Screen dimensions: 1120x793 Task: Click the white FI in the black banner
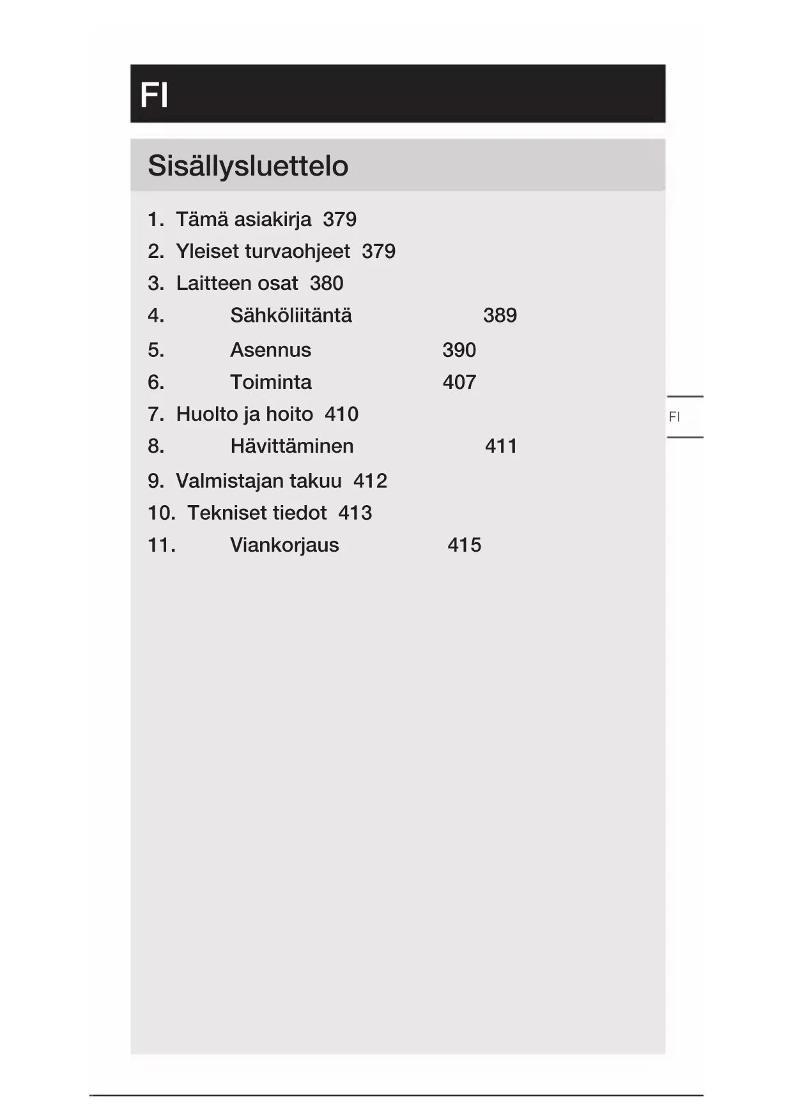[154, 95]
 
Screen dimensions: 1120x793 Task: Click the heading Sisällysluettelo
[248, 166]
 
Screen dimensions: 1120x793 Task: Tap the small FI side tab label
[674, 417]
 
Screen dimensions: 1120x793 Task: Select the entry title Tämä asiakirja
[243, 220]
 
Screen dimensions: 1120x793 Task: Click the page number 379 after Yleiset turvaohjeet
[378, 252]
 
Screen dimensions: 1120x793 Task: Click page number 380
[327, 284]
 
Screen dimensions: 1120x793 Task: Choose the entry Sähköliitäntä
[291, 315]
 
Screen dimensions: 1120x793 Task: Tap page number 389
[500, 315]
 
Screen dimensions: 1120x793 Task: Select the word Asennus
[270, 351]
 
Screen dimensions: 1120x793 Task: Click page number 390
[459, 351]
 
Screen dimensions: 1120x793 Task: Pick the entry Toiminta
[270, 382]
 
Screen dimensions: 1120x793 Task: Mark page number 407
[459, 382]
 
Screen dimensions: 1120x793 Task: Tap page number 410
[341, 414]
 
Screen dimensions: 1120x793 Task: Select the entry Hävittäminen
[291, 446]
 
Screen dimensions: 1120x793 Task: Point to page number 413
[355, 513]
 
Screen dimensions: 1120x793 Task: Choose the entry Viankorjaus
[284, 545]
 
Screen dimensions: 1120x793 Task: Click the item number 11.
[161, 545]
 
